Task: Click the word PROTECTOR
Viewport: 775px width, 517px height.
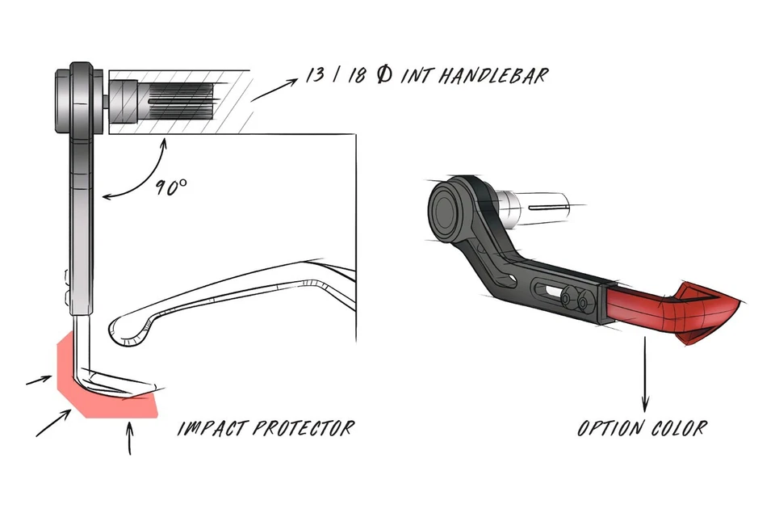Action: [x=303, y=427]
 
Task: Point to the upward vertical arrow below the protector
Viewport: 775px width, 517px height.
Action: [x=129, y=437]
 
